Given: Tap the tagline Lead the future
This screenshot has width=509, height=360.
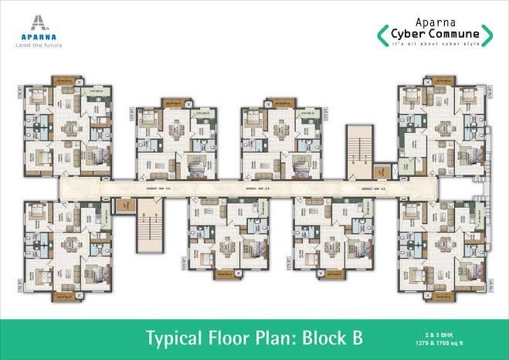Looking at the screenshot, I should click(32, 44).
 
